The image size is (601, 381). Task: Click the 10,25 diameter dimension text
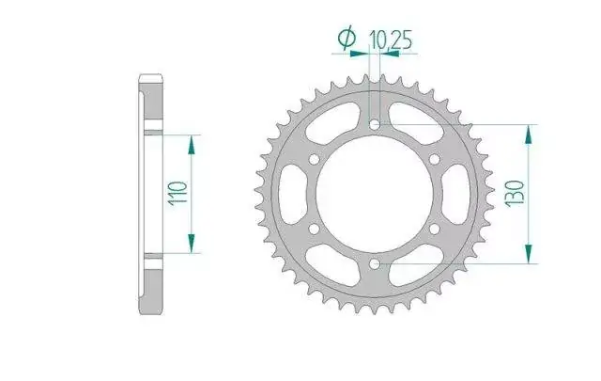coord(391,40)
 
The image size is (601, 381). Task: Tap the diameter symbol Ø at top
coord(347,38)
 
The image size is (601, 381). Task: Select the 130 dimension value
coord(516,194)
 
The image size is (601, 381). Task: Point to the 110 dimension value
coord(178,194)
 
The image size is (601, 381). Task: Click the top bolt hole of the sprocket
coord(375,124)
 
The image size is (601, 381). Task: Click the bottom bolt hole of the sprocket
coord(375,263)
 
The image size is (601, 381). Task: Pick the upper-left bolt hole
coord(315,159)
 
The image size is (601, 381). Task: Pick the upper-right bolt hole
coord(435,159)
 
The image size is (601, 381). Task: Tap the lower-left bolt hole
coord(315,229)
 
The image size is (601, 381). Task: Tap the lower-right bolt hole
coord(435,229)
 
